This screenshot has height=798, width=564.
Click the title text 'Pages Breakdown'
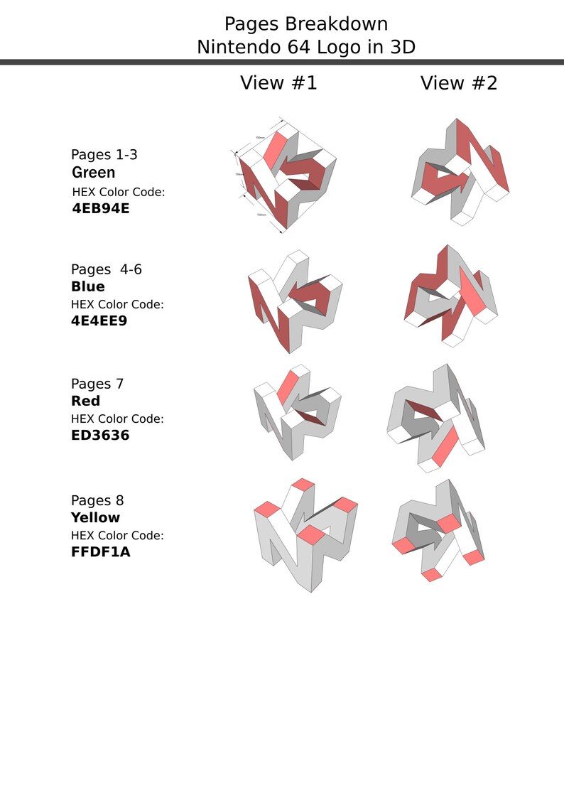[306, 24]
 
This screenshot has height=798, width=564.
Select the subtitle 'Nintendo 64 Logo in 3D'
[306, 48]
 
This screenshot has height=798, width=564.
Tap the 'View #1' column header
[278, 83]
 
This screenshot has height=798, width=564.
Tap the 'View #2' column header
[459, 83]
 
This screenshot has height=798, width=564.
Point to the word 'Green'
[93, 173]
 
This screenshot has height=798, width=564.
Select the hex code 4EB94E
[101, 209]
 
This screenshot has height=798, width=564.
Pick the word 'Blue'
[88, 287]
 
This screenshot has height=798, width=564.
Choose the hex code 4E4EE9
[100, 320]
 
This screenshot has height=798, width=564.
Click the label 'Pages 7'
[97, 384]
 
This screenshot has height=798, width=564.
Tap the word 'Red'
[86, 401]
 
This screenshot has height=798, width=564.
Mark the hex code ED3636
[100, 435]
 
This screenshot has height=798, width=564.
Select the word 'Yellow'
[95, 518]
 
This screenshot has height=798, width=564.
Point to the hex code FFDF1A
[100, 551]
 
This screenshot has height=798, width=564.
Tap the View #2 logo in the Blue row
[452, 295]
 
